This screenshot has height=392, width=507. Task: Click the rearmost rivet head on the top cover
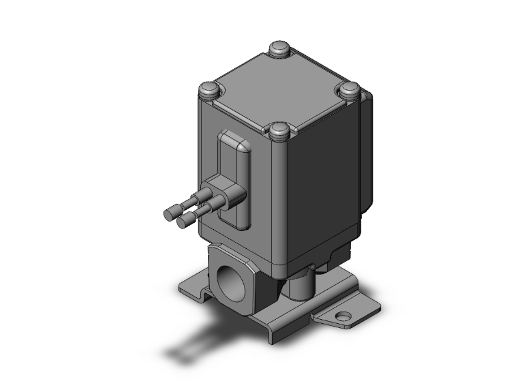pos(279,49)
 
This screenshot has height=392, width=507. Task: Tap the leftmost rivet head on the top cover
pos(208,89)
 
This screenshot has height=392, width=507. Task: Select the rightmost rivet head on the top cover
pos(350,89)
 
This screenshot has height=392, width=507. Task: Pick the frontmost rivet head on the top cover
pos(278,130)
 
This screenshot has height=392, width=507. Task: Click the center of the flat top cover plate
pos(278,90)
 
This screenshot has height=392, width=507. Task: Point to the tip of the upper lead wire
pos(168,213)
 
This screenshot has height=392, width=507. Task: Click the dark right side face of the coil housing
pos(320,184)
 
